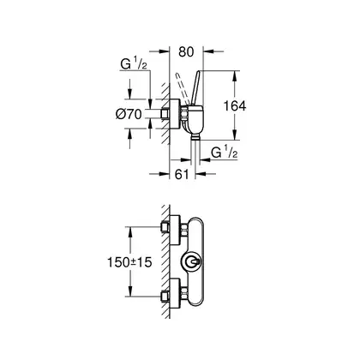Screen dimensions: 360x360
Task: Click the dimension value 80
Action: (x=186, y=52)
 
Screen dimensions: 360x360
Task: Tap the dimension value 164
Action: (x=234, y=106)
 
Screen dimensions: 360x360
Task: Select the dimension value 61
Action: (x=182, y=174)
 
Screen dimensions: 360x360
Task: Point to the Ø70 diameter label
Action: (x=129, y=114)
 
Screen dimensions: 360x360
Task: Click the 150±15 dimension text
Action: (x=129, y=262)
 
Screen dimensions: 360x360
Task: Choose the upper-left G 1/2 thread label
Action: (x=134, y=64)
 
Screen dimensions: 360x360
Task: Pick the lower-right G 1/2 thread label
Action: (x=225, y=153)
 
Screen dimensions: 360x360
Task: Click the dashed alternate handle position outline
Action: (x=183, y=88)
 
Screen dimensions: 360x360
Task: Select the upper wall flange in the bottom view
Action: (x=175, y=230)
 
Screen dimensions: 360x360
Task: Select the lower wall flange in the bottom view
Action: (x=175, y=295)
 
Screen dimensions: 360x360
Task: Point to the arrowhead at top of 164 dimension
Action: (x=234, y=75)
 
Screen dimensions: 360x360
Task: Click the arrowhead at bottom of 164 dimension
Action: (x=234, y=135)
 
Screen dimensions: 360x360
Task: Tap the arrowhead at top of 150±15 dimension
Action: (x=130, y=232)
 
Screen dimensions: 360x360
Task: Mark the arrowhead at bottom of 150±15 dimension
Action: (x=130, y=291)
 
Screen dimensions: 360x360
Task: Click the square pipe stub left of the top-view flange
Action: (x=165, y=114)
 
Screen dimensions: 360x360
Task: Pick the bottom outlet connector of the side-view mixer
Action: (x=195, y=138)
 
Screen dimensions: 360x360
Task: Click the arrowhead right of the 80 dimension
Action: (x=208, y=51)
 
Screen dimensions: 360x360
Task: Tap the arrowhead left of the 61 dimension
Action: (x=165, y=173)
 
